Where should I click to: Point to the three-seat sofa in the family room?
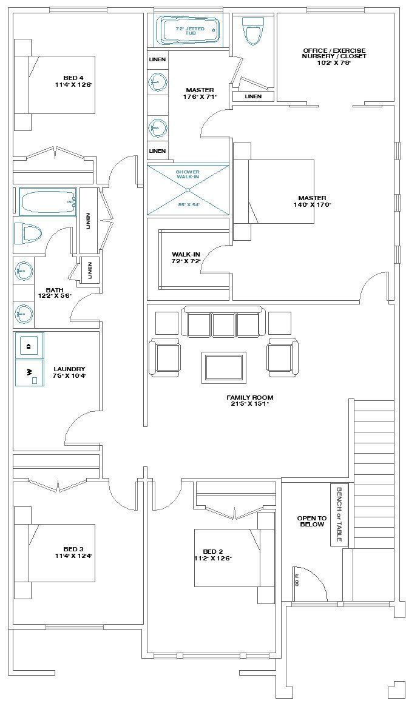(x=224, y=324)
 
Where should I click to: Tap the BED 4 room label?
(x=73, y=81)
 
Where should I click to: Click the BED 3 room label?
(x=73, y=553)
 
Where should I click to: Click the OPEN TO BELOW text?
(x=311, y=521)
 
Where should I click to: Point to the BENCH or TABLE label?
(x=339, y=514)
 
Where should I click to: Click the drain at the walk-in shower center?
(x=188, y=190)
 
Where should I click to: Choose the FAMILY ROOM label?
(x=250, y=400)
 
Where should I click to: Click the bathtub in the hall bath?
(x=47, y=201)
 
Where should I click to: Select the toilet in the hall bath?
(x=27, y=232)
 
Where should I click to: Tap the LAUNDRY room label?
(x=69, y=372)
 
